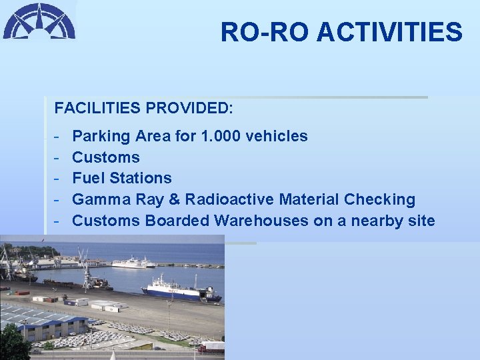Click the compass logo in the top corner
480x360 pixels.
(x=39, y=21)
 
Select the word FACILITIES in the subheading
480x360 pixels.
(x=98, y=107)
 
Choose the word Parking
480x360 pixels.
(x=101, y=137)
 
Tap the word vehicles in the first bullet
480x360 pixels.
(x=277, y=137)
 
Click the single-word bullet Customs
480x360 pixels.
(x=106, y=158)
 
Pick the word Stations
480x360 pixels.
(x=141, y=179)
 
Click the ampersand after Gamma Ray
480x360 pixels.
(x=176, y=200)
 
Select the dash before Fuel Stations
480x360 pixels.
(x=58, y=179)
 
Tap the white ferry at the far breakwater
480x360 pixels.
(x=133, y=262)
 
